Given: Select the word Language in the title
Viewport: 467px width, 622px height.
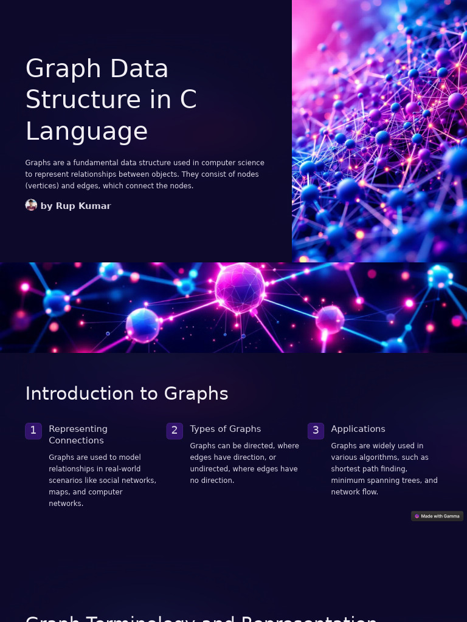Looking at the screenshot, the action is coord(86,131).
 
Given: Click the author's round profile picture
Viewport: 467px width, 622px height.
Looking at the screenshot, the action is coord(31,205).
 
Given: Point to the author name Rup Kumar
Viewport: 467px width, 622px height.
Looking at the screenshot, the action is coord(83,206).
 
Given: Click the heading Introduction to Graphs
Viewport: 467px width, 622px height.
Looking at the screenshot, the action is coord(126,394).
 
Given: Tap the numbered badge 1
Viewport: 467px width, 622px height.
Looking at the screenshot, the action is coord(33,431).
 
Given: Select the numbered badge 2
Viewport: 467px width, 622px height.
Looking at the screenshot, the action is coord(175,431).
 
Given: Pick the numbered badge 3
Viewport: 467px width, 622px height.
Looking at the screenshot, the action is coord(316,431).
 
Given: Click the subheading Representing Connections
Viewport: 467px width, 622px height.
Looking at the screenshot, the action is coord(78,434).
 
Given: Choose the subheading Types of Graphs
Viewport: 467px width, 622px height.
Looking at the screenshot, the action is coord(225,429).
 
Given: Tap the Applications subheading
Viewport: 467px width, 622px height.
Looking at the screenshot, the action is coord(358,429).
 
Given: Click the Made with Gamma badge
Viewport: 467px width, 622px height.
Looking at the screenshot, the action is coord(437,516).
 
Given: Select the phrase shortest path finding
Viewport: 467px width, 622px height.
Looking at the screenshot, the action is coord(369,469).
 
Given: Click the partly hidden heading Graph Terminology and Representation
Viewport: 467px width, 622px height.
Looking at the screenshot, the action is coord(201,617).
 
